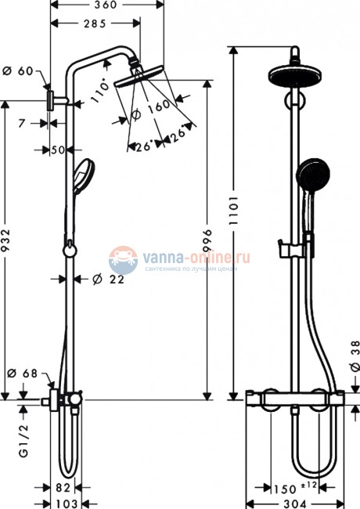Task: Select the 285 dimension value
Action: point(95,23)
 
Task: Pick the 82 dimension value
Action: point(64,488)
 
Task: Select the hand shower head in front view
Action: point(311,171)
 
